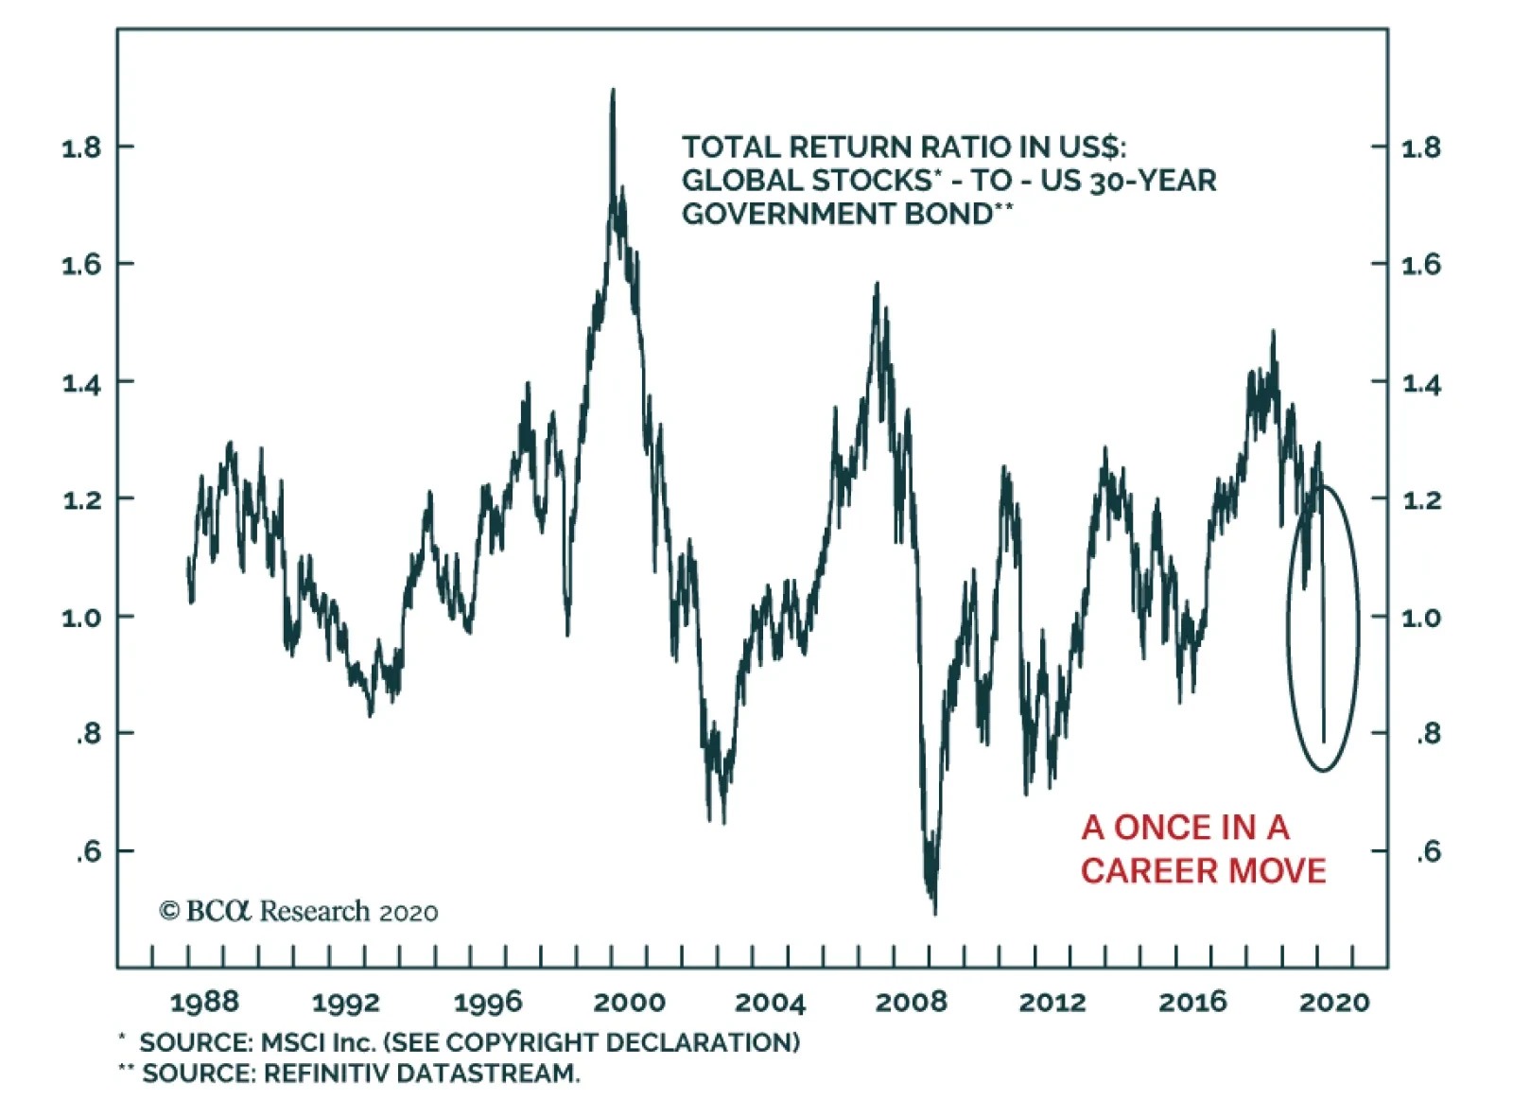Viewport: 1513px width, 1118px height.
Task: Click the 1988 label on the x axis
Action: (x=204, y=1002)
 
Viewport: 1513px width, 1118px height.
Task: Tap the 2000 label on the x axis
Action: (x=629, y=1002)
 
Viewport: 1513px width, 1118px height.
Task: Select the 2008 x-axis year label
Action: (x=911, y=1002)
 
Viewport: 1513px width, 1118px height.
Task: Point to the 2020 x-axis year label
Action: (x=1334, y=1002)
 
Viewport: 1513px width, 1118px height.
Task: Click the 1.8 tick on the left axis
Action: (x=81, y=148)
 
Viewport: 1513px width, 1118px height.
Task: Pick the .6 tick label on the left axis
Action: (x=88, y=852)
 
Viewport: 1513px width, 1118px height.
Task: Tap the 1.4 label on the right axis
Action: (x=1421, y=383)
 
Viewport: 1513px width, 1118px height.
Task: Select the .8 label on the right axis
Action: (x=1428, y=734)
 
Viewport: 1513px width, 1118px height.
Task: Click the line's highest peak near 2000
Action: (x=613, y=91)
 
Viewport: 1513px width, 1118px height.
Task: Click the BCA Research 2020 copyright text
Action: (x=299, y=911)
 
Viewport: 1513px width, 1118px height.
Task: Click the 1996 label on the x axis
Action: (x=487, y=1002)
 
